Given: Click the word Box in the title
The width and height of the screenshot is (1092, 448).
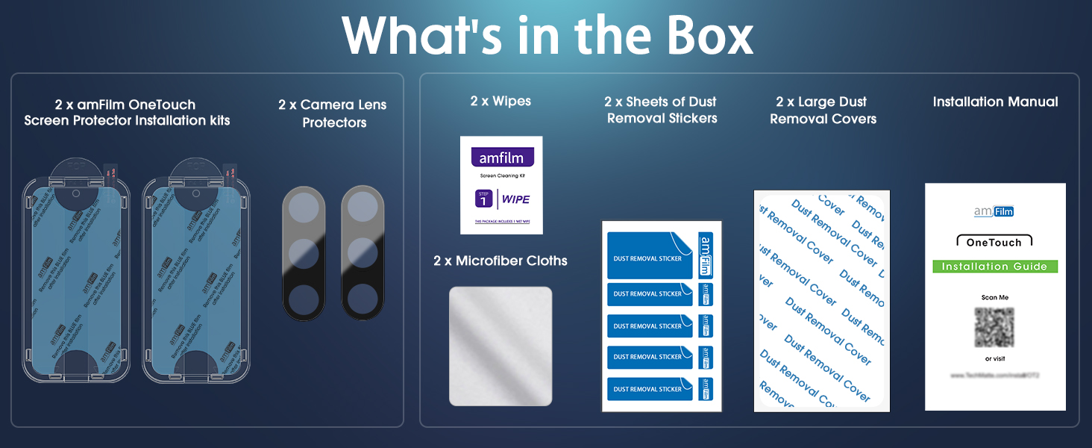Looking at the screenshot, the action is (700, 35).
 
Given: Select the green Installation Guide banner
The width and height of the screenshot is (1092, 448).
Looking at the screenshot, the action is (995, 267).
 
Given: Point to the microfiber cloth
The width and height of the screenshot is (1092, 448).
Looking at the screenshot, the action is (501, 346).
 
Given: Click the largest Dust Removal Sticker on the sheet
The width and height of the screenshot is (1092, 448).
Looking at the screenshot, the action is (650, 256).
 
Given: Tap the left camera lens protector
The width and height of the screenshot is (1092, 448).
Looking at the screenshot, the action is (304, 252).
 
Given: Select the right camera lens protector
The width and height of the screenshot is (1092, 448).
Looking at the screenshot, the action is (363, 252).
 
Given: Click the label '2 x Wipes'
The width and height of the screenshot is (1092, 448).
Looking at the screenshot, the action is (501, 101).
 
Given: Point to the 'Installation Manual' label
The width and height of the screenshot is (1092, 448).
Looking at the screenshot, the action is (995, 102).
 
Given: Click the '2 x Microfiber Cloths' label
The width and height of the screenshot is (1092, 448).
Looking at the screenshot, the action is (501, 261).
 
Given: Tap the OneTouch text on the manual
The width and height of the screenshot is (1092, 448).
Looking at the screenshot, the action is (994, 243).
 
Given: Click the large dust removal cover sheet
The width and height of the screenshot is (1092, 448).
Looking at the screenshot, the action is (822, 301).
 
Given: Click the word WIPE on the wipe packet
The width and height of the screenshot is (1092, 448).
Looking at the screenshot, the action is (515, 199).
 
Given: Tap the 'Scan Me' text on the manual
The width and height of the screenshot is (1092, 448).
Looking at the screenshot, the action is (994, 297).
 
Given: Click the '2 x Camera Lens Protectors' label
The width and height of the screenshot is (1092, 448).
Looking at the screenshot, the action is (333, 113).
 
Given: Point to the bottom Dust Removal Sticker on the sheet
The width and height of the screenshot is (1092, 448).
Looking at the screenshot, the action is (650, 389).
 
